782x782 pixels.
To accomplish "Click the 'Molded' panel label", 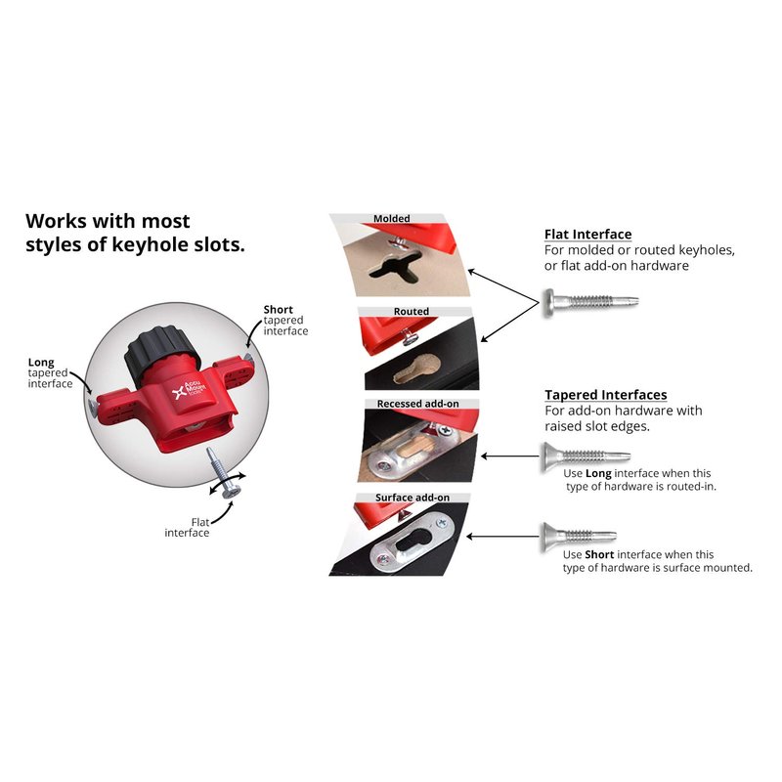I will point(392,219).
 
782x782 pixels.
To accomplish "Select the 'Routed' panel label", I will point(412,312).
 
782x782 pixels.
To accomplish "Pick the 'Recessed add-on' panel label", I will point(417,404).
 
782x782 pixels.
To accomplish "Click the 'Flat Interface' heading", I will point(587,235).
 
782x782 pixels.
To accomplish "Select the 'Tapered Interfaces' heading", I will point(605,395).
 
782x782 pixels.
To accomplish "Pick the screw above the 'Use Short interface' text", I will point(579,535).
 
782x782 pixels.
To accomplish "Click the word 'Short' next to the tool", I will point(278,310).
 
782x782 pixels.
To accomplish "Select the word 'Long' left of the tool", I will point(41,362).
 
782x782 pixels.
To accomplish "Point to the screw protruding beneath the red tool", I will point(220,468).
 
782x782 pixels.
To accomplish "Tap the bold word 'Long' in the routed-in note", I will point(597,473).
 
